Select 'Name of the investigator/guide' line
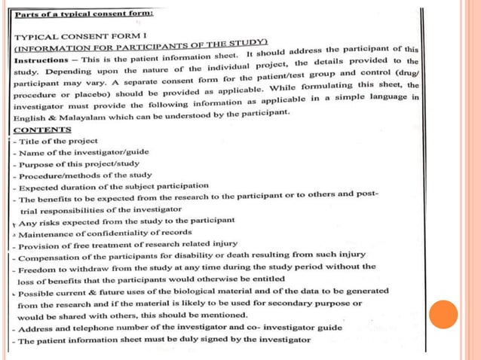point(83,152)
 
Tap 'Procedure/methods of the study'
point(84,175)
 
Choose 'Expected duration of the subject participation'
point(113,186)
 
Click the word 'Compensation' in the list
point(52,256)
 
